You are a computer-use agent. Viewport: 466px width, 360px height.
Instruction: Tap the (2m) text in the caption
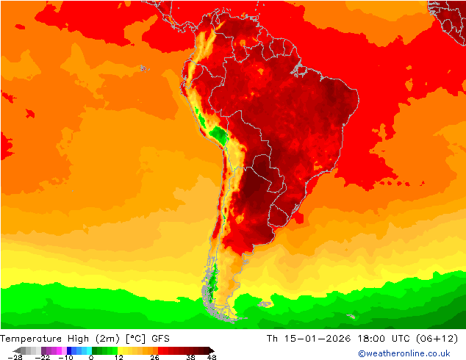click(108, 339)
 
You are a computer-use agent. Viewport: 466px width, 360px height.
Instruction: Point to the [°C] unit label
click(137, 339)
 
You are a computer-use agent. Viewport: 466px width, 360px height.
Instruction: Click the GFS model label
click(161, 339)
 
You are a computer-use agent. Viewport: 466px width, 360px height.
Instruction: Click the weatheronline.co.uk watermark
click(404, 353)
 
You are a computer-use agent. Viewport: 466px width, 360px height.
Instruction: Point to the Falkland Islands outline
click(262, 302)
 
